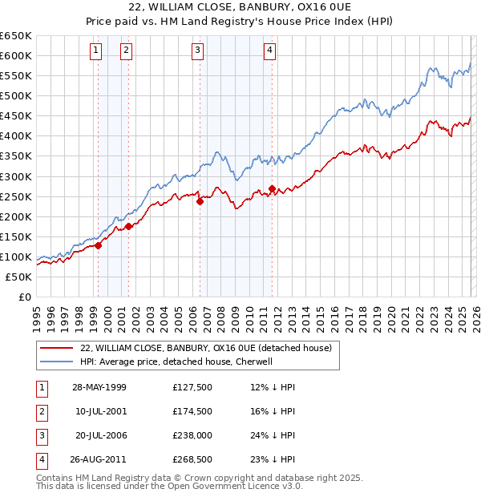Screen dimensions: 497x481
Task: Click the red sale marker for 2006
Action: (200, 202)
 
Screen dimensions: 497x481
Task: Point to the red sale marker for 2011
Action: (273, 189)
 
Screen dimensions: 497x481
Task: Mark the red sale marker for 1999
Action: (98, 246)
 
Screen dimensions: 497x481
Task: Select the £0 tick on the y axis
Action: (23, 297)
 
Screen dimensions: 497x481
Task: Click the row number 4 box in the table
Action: (40, 460)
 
